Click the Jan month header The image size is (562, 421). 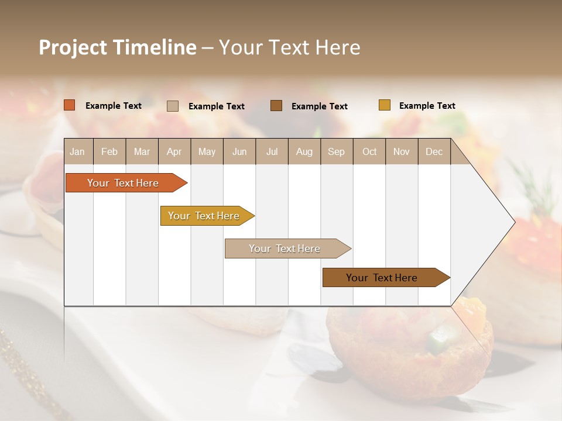tap(77, 151)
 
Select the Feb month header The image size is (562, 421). tap(109, 151)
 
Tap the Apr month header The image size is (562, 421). tap(174, 151)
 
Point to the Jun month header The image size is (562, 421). tap(239, 151)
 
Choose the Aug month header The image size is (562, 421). tap(304, 151)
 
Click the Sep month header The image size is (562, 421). tap(336, 151)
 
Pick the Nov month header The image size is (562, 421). tap(402, 151)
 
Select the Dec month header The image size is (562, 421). tap(434, 151)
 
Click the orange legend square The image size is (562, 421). tap(70, 105)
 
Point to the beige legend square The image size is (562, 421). tap(173, 106)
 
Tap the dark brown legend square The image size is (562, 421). tap(276, 106)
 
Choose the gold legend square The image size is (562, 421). tap(385, 105)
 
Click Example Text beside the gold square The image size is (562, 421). tap(427, 106)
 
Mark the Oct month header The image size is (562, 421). tap(369, 151)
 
